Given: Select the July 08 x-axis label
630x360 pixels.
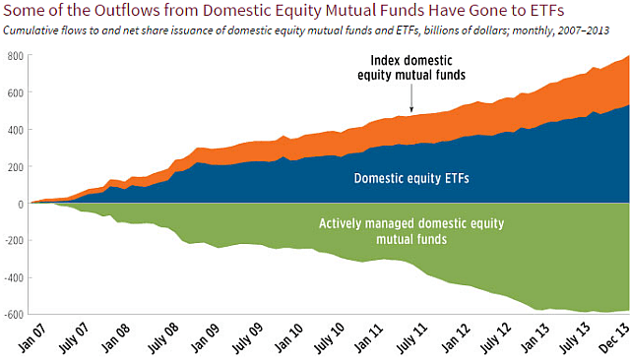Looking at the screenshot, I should click(x=173, y=336).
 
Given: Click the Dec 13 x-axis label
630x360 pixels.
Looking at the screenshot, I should click(x=616, y=336).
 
